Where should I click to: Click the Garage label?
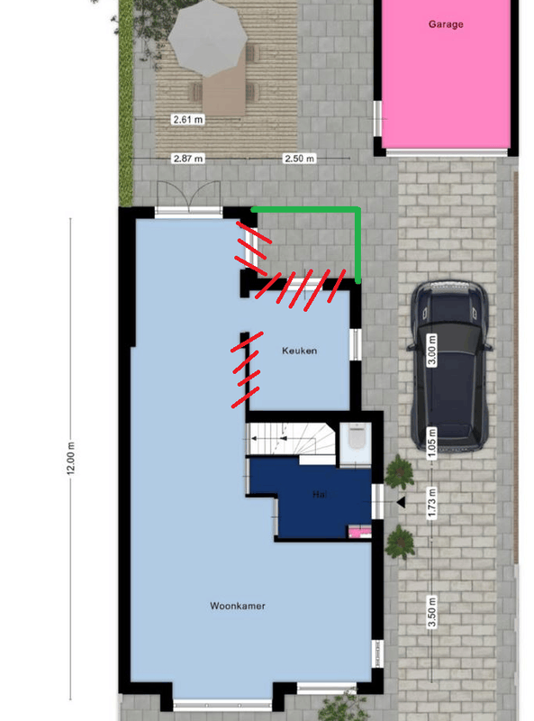[x=446, y=24]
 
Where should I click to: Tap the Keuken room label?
[x=300, y=351]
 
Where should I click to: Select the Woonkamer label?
[x=237, y=607]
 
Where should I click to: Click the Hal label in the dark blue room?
[x=319, y=495]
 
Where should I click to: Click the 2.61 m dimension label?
[x=187, y=119]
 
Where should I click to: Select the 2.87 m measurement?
[x=187, y=159]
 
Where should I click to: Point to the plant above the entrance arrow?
[x=398, y=470]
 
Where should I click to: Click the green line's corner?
[x=358, y=210]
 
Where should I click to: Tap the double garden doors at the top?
[x=187, y=196]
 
